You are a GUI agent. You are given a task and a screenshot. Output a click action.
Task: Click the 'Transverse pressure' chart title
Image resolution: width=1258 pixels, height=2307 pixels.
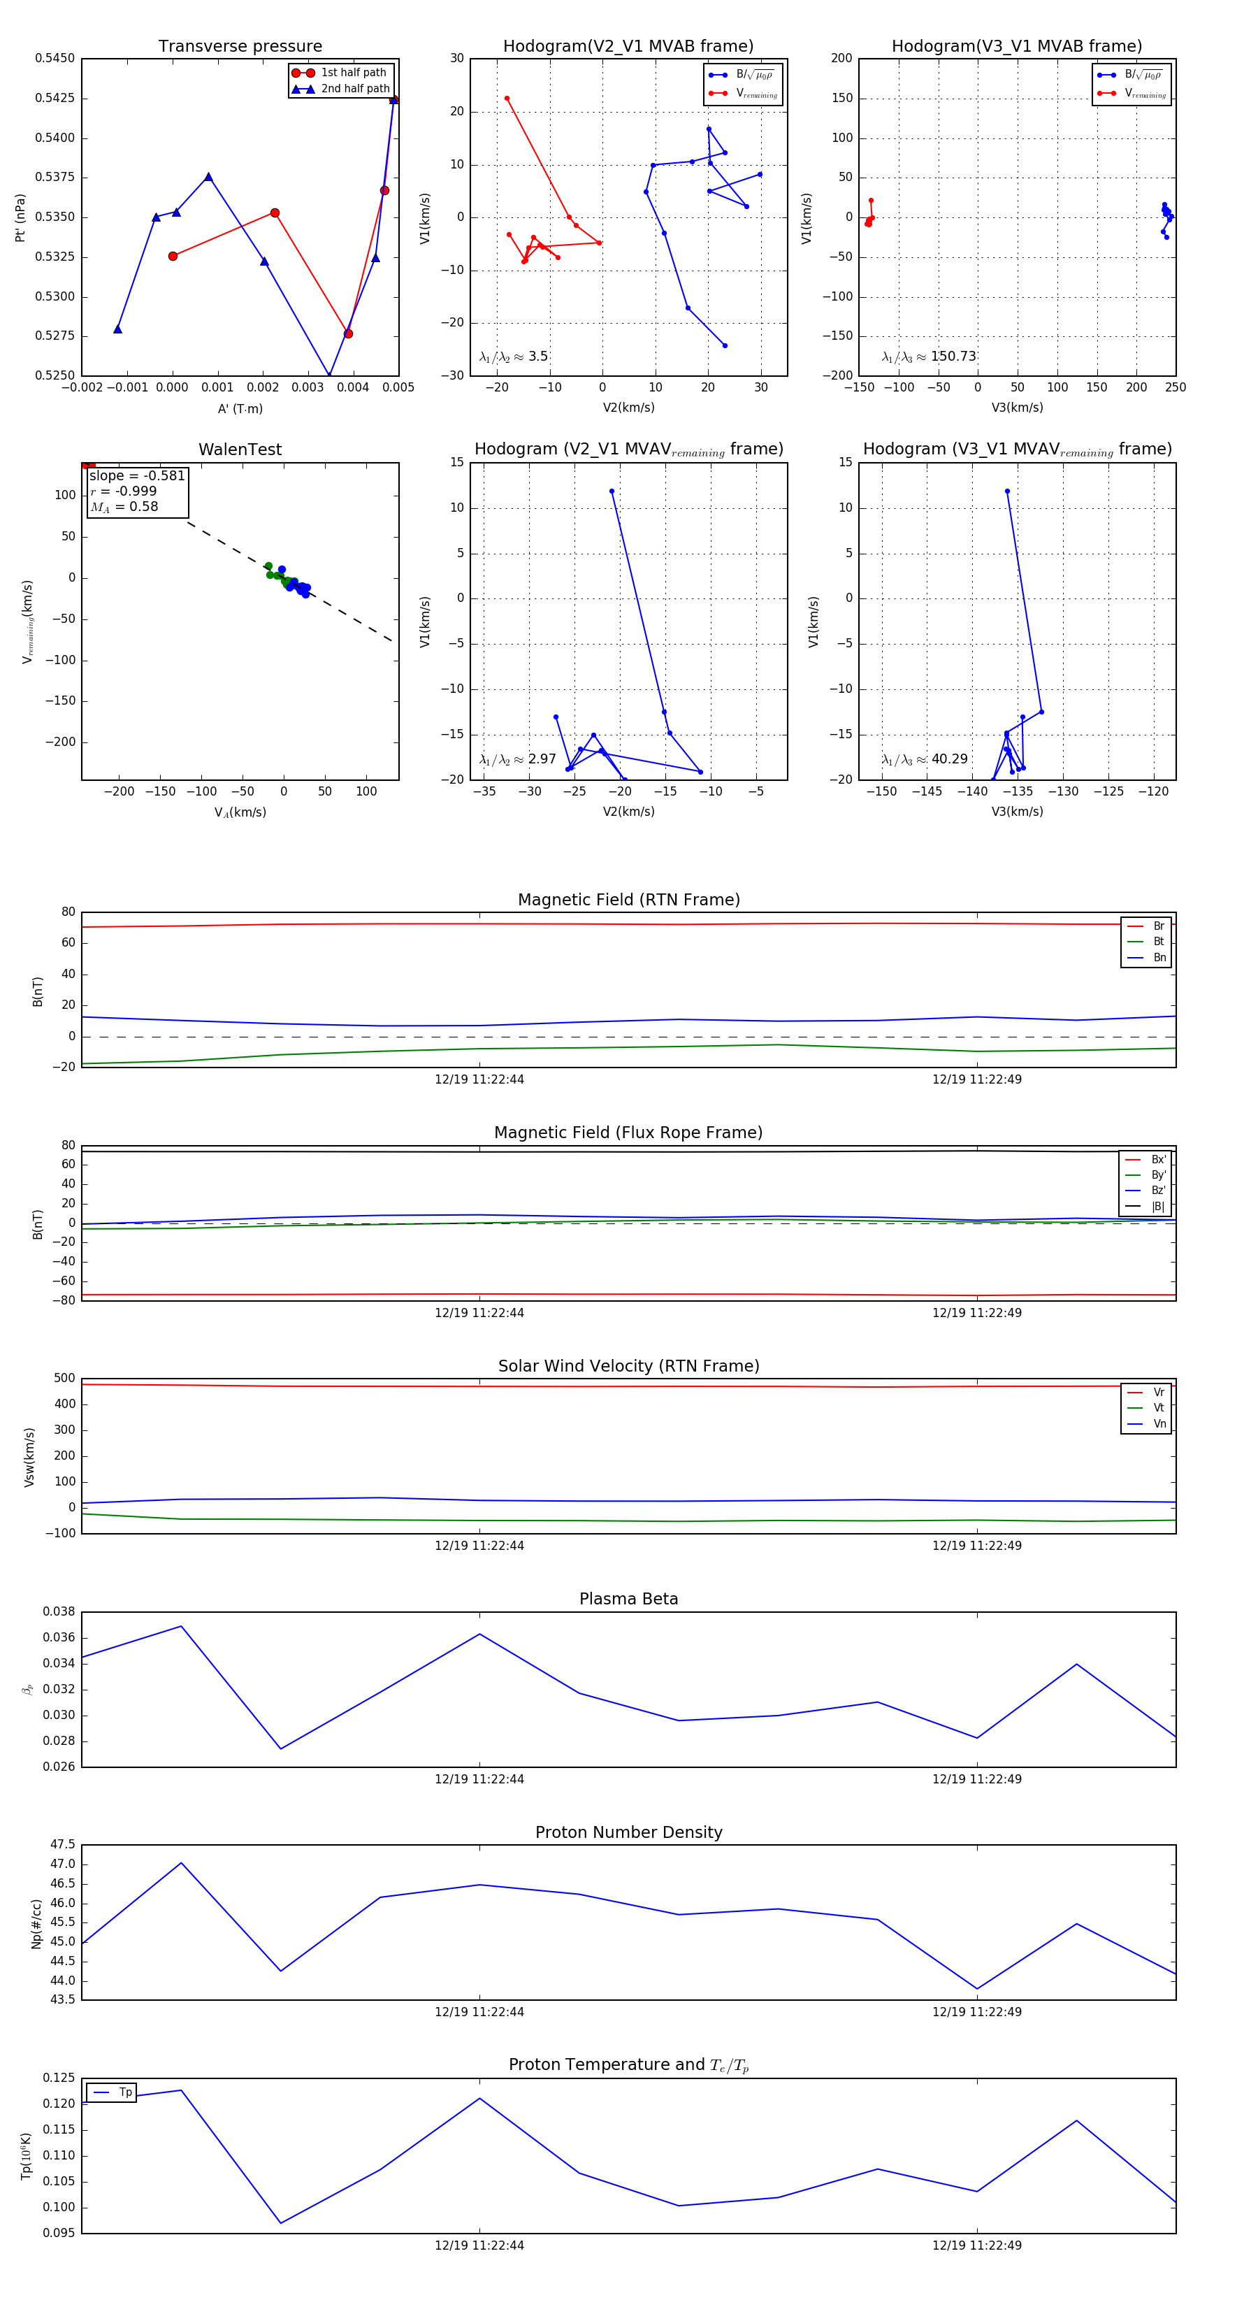point(240,47)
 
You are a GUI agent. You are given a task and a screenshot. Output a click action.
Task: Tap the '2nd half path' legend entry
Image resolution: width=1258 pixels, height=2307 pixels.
point(354,89)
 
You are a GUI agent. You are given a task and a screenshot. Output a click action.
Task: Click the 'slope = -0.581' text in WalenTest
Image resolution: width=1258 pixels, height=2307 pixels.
point(137,475)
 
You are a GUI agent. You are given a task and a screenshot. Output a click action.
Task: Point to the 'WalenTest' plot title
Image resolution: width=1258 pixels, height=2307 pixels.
point(240,450)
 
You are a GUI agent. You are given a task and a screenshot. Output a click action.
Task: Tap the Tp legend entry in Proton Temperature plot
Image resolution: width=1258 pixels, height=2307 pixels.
point(124,2092)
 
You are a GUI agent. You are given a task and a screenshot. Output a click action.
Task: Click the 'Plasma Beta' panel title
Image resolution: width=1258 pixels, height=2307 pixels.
point(628,1599)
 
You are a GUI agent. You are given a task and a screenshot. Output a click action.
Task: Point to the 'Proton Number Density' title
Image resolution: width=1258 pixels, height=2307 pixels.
point(628,1832)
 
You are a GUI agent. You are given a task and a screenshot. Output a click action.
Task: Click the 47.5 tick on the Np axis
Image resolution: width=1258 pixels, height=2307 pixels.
point(63,1845)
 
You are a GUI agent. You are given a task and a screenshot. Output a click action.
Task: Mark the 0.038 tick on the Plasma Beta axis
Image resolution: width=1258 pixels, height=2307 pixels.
point(59,1612)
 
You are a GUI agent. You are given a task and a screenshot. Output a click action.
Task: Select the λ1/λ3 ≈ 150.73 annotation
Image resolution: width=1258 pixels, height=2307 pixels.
point(929,357)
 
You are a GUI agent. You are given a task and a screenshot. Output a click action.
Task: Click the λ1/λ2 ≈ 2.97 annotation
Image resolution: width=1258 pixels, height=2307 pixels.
point(517,759)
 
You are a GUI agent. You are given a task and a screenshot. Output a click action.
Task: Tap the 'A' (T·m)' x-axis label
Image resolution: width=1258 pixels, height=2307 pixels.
point(240,408)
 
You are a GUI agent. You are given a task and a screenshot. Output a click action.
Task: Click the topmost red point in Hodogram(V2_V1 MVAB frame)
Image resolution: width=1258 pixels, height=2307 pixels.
point(507,99)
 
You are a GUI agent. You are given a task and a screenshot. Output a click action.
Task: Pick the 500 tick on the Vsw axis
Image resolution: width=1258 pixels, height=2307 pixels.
point(64,1379)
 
